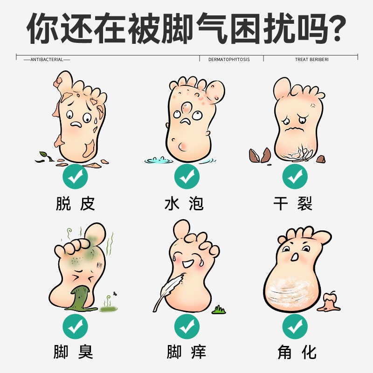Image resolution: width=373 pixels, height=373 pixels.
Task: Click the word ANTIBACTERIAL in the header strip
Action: [x=47, y=60]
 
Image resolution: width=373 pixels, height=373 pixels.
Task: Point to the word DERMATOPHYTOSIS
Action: [x=228, y=60]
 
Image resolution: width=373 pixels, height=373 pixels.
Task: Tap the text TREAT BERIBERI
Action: [x=311, y=60]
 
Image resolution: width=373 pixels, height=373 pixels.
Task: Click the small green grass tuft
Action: [x=218, y=309]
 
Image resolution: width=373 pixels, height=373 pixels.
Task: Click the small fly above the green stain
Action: [x=114, y=295]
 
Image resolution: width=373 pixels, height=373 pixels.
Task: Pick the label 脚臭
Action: [x=74, y=351]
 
